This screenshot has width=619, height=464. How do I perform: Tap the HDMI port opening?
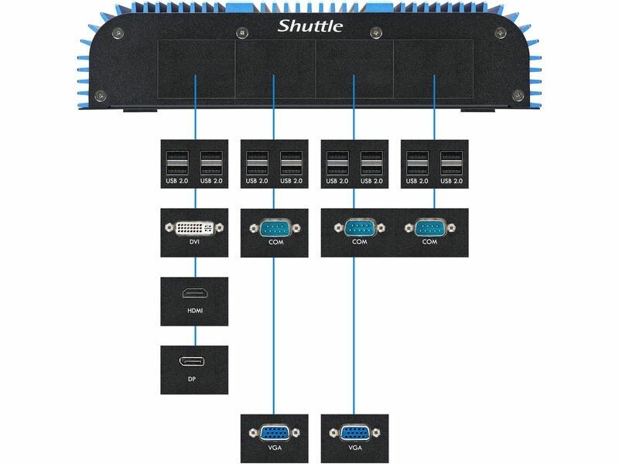[x=194, y=294]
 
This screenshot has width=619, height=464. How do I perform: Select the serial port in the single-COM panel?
[x=274, y=228]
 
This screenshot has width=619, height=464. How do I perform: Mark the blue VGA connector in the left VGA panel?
[x=274, y=434]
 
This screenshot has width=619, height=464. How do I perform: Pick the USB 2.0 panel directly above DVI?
[x=194, y=164]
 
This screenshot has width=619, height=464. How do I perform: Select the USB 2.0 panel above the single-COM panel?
[x=274, y=164]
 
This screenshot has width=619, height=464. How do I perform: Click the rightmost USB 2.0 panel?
[x=433, y=164]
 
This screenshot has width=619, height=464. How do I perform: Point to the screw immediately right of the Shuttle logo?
[x=376, y=32]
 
